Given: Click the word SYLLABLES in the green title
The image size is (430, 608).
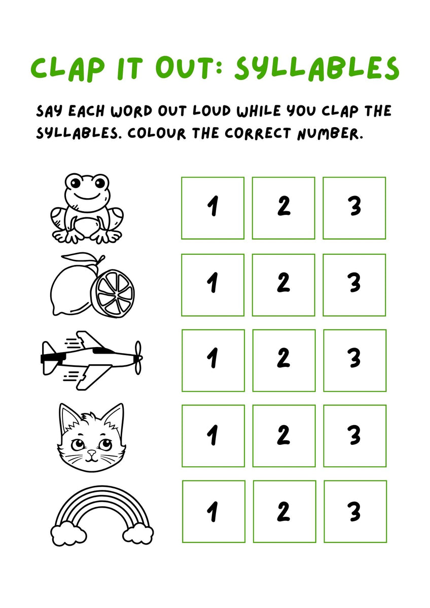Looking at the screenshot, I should pyautogui.click(x=316, y=69).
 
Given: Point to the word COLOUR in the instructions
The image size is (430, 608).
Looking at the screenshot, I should pyautogui.click(x=157, y=133).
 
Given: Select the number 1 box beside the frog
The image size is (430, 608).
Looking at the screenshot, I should pyautogui.click(x=212, y=208).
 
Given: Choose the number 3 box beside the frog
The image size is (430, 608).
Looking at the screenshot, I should pyautogui.click(x=354, y=208).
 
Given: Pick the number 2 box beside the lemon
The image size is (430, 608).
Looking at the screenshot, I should pyautogui.click(x=283, y=285).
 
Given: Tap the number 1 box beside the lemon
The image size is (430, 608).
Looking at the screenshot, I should pyautogui.click(x=212, y=285).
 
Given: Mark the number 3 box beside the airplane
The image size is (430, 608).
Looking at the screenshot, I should pyautogui.click(x=354, y=360).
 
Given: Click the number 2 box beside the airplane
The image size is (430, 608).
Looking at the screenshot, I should pyautogui.click(x=283, y=360).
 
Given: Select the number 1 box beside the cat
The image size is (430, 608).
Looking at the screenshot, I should pyautogui.click(x=212, y=436).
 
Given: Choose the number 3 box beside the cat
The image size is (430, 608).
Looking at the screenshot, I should pyautogui.click(x=354, y=436).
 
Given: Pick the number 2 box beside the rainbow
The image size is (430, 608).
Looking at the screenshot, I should pyautogui.click(x=284, y=511).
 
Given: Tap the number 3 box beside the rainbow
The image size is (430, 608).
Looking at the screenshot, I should pyautogui.click(x=355, y=511).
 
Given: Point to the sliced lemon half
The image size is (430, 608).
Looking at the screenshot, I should pyautogui.click(x=113, y=292).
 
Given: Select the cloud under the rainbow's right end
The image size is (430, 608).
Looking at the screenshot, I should pyautogui.click(x=137, y=534).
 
